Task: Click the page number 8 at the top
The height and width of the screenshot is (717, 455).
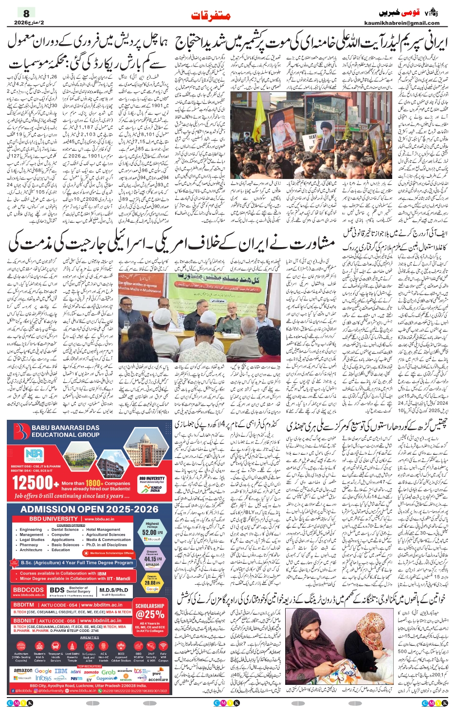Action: pyautogui.click(x=26, y=13)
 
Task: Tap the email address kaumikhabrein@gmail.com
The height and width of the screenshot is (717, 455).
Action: pyautogui.click(x=401, y=23)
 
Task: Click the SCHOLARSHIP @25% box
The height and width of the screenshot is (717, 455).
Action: pyautogui.click(x=150, y=613)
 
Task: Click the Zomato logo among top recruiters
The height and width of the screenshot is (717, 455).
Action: pyautogui.click(x=91, y=672)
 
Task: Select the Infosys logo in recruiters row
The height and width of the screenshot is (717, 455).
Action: pyautogui.click(x=43, y=678)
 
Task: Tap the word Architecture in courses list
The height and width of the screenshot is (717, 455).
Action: pyautogui.click(x=31, y=550)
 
